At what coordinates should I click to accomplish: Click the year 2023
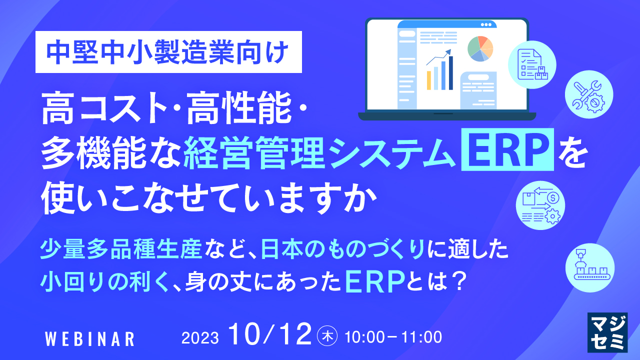200,338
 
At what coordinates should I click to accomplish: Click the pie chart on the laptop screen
480,48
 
